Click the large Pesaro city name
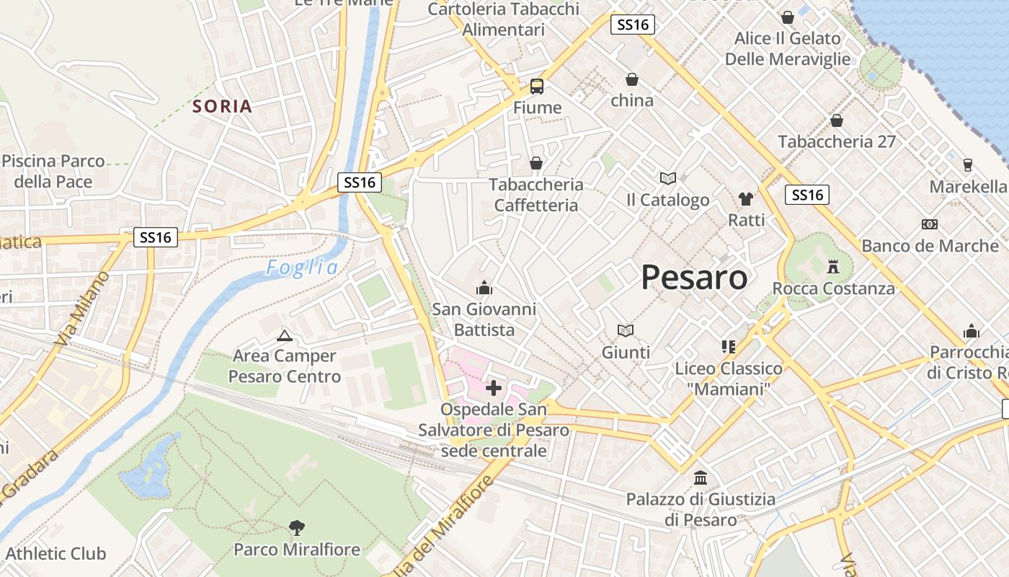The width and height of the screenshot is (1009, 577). click(694, 277)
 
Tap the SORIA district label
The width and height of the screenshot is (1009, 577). click(223, 107)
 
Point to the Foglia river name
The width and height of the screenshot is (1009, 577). click(302, 268)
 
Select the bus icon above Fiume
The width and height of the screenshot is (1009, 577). click(537, 87)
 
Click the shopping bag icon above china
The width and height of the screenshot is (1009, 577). click(632, 79)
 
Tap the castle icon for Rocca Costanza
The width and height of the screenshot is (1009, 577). click(834, 267)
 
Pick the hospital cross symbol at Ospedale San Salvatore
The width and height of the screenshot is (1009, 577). click(494, 388)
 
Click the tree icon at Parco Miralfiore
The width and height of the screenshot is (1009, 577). click(296, 528)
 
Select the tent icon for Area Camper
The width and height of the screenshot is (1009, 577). click(285, 335)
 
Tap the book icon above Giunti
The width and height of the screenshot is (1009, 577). click(626, 330)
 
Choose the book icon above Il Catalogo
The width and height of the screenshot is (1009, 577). click(668, 178)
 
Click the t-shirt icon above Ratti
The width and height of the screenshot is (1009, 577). click(746, 198)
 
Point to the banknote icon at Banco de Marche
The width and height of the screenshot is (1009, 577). click(930, 224)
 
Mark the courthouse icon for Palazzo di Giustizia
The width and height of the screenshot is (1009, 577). click(700, 477)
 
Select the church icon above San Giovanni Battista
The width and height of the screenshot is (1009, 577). click(484, 288)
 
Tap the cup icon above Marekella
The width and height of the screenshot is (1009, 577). click(967, 165)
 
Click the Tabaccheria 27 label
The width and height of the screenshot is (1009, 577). click(837, 141)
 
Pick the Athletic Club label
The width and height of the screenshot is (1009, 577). click(55, 554)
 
